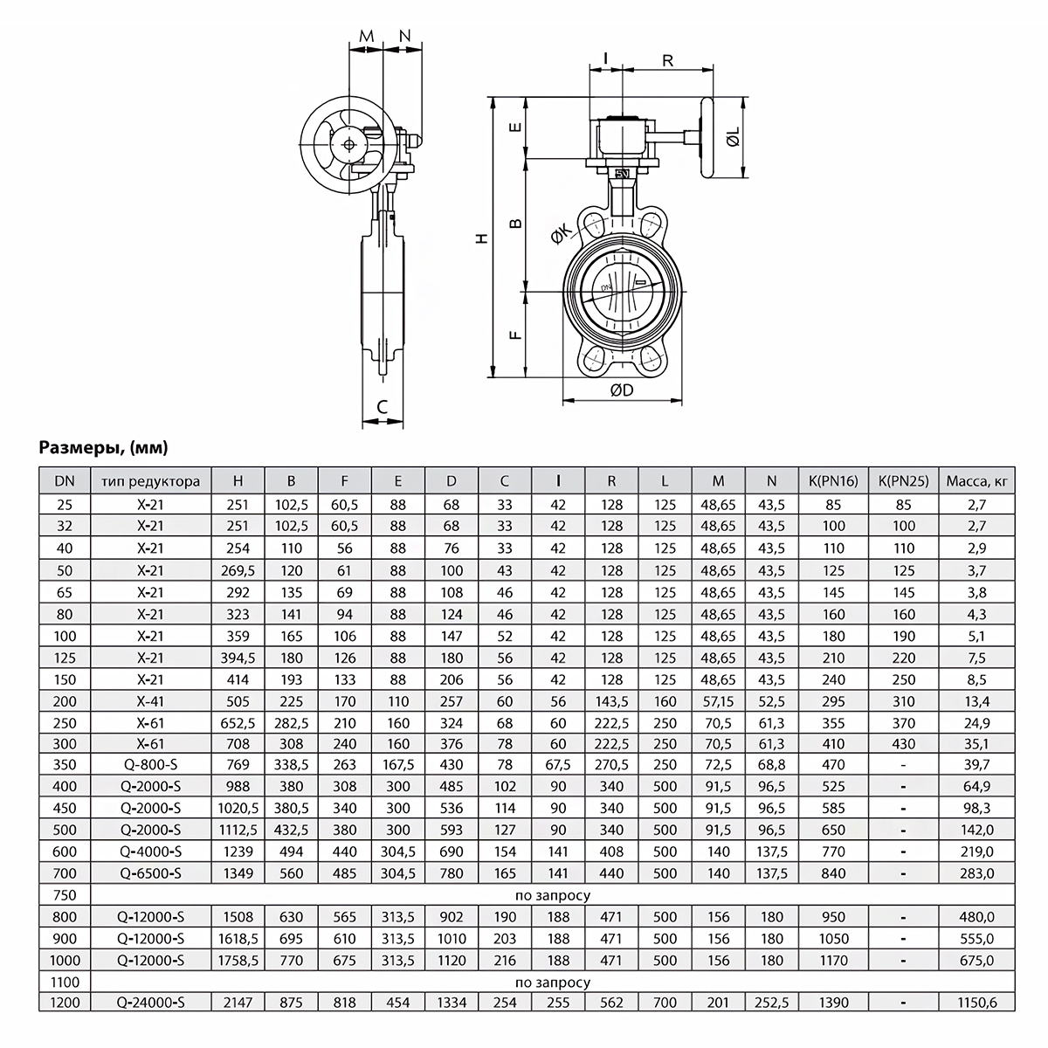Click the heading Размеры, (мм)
104,449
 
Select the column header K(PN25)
903,480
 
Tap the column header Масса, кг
976,480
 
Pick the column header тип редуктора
151,480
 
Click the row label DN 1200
65,1003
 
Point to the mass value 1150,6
976,1003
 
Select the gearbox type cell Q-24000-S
151,1003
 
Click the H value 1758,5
238,960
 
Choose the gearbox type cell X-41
151,700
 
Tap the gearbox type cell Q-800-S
151,764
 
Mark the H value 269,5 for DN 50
238,570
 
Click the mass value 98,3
976,808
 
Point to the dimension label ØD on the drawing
621,391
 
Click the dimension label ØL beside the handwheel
732,137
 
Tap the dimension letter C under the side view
382,407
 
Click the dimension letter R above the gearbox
667,60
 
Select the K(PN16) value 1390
833,1003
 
